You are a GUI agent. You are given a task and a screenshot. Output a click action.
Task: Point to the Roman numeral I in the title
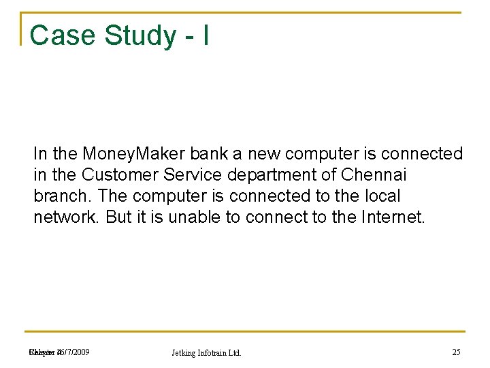coord(205,35)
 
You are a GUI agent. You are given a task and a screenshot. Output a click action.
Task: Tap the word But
coord(118,217)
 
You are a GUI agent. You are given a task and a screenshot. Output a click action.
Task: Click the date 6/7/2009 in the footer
coord(73,352)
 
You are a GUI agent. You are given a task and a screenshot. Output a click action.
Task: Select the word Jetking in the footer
coord(185,353)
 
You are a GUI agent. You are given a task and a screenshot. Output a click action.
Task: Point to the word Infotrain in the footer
coord(214,353)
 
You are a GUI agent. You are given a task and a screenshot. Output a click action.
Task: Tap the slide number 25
coord(456,352)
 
